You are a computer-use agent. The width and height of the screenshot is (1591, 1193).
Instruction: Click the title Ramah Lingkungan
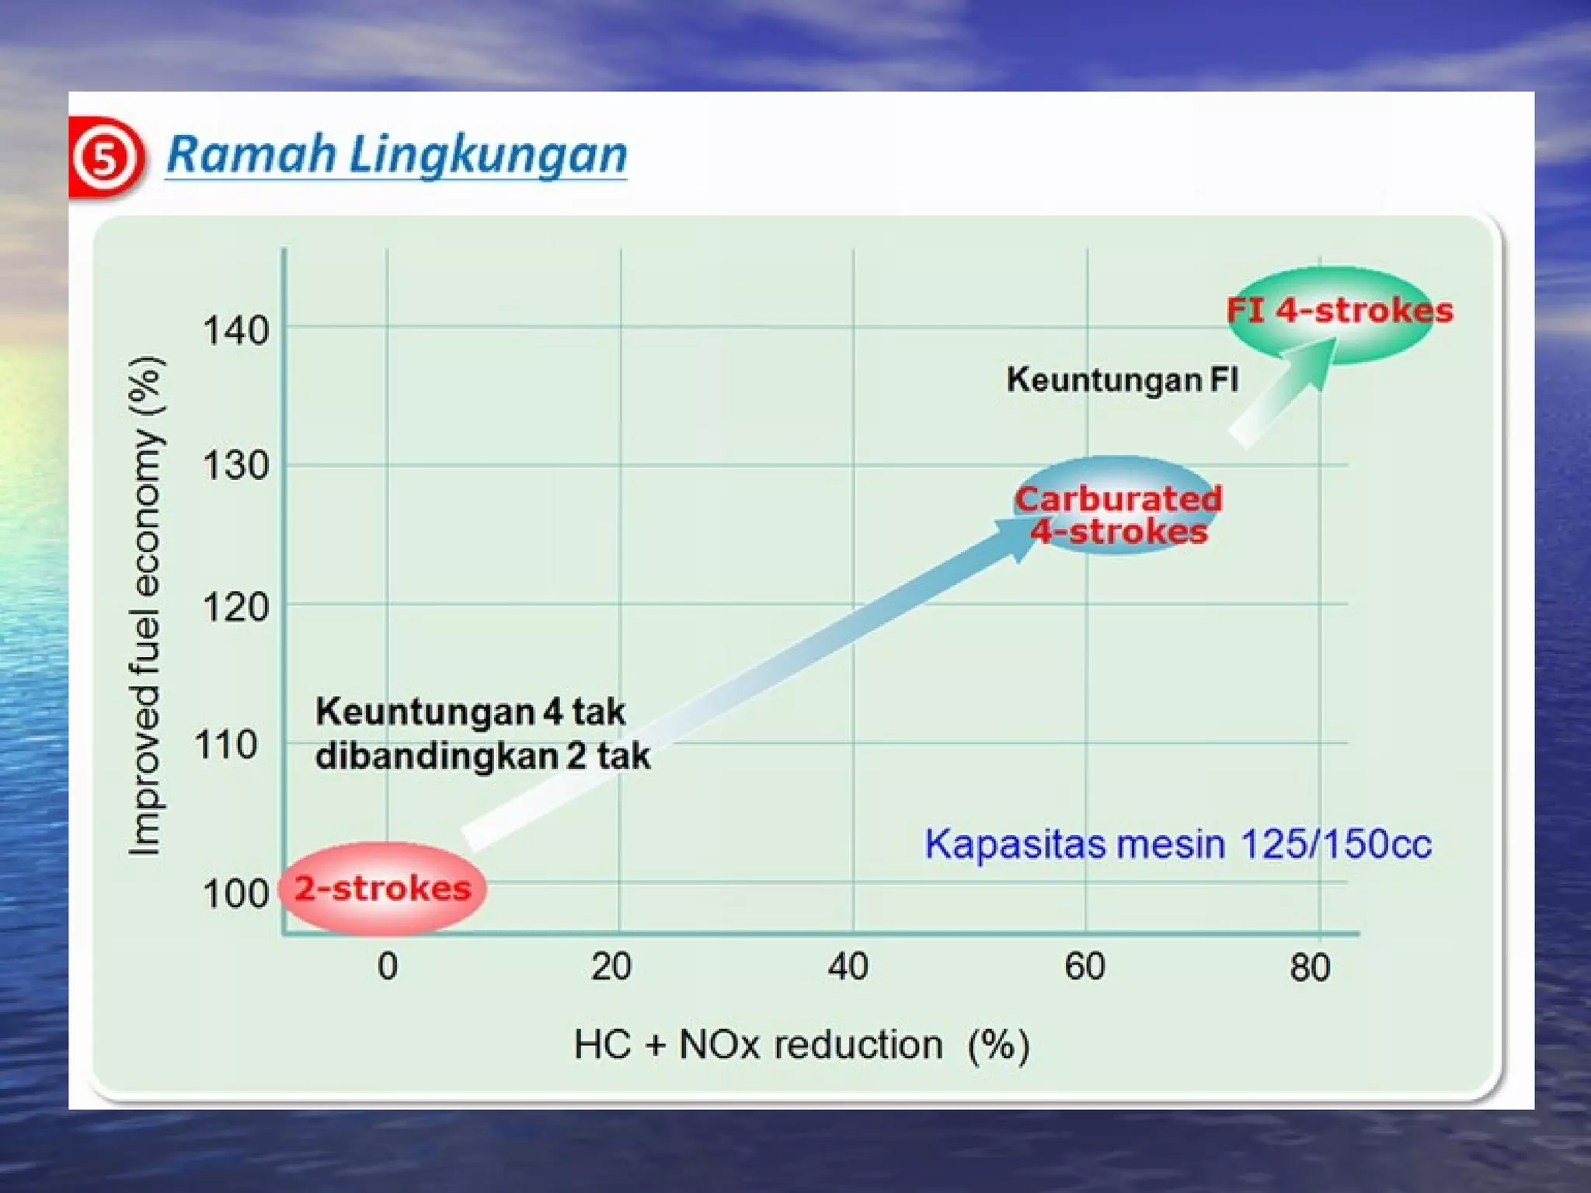coord(396,155)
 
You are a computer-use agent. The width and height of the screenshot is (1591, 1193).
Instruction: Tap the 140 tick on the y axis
coord(235,331)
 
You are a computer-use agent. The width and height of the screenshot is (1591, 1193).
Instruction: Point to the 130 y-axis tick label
coord(235,467)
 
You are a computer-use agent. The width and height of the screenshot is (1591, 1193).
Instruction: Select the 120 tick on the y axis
coord(235,607)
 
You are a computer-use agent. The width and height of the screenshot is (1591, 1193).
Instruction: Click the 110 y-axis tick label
coord(226,746)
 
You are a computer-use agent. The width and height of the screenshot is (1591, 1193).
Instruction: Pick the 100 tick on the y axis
coord(235,894)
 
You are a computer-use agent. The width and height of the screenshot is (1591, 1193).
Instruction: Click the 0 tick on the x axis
coord(388,967)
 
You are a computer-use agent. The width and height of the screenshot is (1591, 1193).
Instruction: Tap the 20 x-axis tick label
coord(611,967)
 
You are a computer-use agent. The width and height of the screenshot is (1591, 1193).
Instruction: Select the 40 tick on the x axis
coord(848,967)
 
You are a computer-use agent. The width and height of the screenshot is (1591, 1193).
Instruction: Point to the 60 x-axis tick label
coord(1084,967)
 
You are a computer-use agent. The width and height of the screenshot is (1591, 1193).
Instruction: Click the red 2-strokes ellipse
coord(382,888)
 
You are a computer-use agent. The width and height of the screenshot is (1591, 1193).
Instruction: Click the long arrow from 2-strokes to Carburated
coord(746,683)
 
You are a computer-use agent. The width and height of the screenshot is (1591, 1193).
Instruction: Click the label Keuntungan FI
coord(1123,380)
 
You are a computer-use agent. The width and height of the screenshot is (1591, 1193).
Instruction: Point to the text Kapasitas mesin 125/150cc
coord(1178,844)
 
